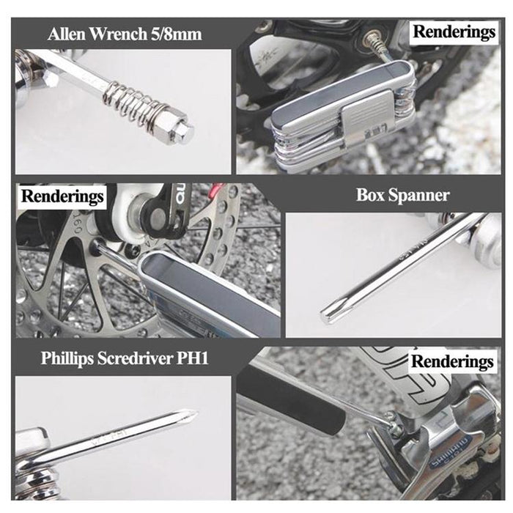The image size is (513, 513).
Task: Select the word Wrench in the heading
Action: coord(120,34)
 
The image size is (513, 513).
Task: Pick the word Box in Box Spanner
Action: coord(372,195)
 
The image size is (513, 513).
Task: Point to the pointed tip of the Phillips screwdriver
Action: coord(193,415)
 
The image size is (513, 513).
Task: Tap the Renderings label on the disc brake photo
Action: coord(63,196)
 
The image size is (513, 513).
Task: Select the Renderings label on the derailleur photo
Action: coord(451,361)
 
